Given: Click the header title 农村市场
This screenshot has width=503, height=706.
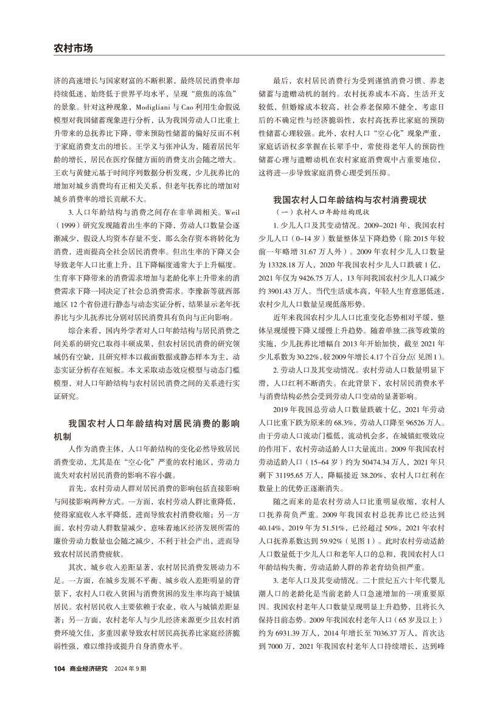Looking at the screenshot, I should (x=72, y=48).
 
